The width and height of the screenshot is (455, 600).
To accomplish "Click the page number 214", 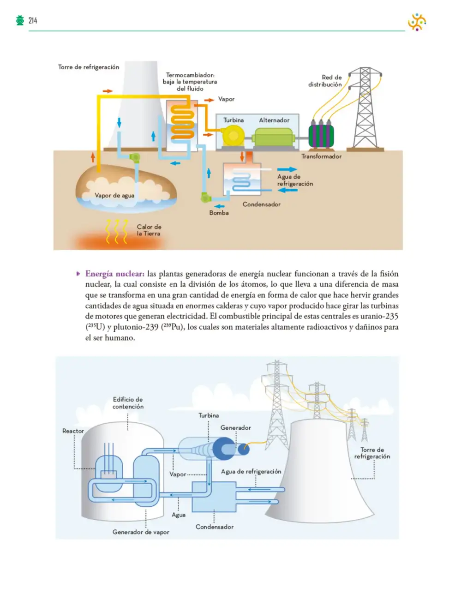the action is click(x=33, y=20).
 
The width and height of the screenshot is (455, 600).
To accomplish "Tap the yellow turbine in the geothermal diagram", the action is click(x=233, y=135).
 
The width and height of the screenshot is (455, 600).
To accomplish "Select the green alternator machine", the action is click(x=273, y=137).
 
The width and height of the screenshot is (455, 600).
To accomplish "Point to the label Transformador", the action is click(x=321, y=156).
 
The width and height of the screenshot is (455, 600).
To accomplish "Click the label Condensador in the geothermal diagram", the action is click(x=261, y=204).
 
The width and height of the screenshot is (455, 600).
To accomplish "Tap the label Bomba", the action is click(x=219, y=213).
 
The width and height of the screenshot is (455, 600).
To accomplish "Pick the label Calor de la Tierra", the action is click(x=149, y=230).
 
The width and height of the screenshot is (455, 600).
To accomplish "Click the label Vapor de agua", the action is click(x=114, y=195).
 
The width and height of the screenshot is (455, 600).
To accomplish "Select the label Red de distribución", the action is click(x=325, y=81).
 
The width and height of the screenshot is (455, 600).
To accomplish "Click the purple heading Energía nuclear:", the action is click(x=115, y=274).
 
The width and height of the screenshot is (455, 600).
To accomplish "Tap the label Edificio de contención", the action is click(x=128, y=403).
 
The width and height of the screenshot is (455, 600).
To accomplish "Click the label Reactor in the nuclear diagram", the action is click(x=73, y=431).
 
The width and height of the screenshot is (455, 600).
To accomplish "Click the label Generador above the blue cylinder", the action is click(x=235, y=427).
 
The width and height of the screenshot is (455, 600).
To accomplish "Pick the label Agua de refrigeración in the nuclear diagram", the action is click(x=251, y=472).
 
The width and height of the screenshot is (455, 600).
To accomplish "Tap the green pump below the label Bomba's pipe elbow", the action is click(x=205, y=197).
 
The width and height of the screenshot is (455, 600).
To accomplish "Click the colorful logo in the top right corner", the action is click(x=417, y=22).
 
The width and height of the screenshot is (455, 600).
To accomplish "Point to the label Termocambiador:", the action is click(x=190, y=75).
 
